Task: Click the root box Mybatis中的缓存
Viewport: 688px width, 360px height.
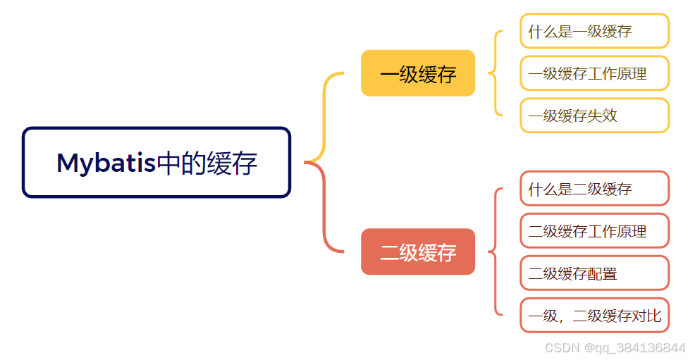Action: [156, 163]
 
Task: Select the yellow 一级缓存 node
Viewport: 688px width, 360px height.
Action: [418, 73]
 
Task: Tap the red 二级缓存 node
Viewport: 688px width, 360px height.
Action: [418, 252]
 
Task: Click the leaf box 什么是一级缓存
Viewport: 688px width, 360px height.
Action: [594, 32]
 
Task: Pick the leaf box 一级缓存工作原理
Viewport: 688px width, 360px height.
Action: [594, 73]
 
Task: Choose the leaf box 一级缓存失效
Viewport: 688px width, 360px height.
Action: [594, 116]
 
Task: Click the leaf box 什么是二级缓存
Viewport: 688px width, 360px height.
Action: [594, 189]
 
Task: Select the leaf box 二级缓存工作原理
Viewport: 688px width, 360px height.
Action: [594, 230]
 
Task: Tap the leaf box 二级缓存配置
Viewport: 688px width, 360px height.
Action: [594, 273]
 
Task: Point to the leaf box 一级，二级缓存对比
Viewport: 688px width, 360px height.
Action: [594, 315]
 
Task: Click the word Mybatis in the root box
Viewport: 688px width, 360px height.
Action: [106, 163]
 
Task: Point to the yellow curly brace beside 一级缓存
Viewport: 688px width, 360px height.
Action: [496, 73]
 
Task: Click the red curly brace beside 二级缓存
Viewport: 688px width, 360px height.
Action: [496, 252]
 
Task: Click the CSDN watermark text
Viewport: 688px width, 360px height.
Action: [562, 348]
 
